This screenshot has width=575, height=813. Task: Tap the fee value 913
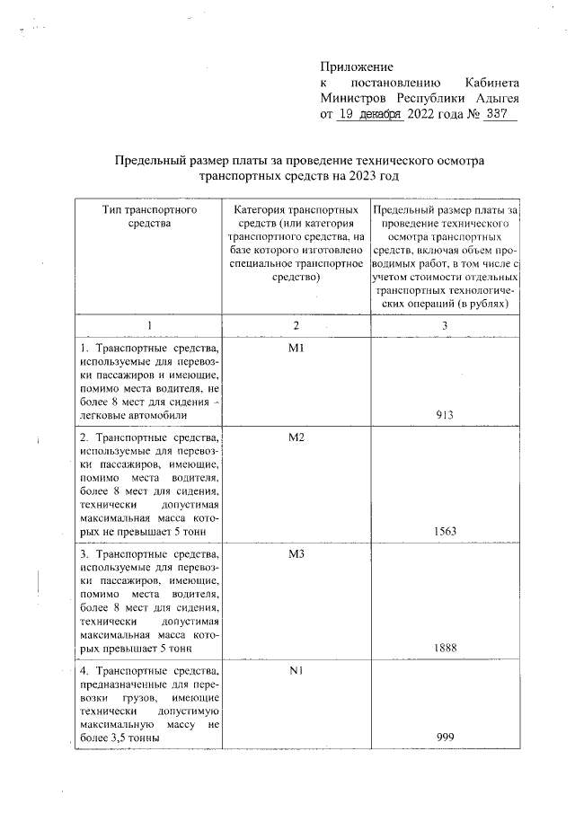(443, 414)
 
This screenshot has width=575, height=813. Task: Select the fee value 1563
(445, 531)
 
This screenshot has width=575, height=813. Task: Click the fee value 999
(443, 737)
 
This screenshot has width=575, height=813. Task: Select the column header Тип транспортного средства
(149, 217)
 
